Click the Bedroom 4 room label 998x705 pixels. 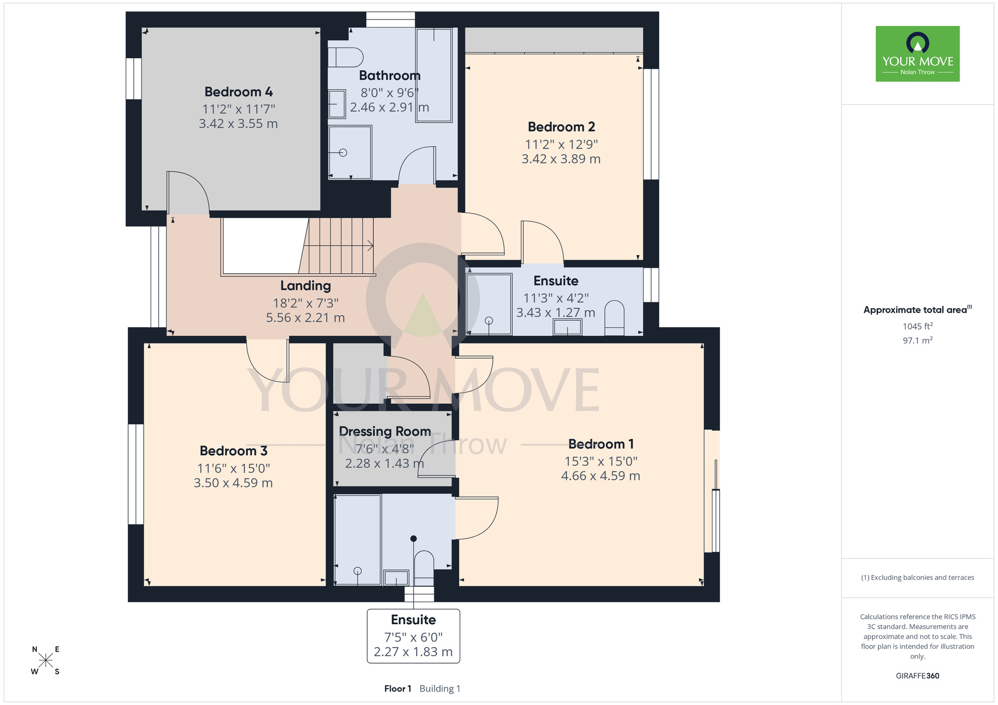(x=239, y=92)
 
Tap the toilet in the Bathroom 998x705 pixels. (x=345, y=57)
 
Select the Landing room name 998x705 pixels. (x=305, y=286)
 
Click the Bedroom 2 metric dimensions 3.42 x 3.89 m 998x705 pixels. (x=561, y=159)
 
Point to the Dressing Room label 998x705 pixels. (x=385, y=431)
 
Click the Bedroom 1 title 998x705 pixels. (x=601, y=444)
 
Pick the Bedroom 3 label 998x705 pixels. (x=234, y=451)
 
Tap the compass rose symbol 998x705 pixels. (x=45, y=661)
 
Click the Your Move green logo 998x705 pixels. (x=918, y=54)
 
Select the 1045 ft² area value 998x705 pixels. (x=918, y=326)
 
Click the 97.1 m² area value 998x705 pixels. (x=918, y=340)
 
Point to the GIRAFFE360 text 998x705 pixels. (x=918, y=676)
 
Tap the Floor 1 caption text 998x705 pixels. (x=398, y=689)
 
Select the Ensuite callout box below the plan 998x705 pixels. (x=414, y=636)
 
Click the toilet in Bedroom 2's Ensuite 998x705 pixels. (x=614, y=318)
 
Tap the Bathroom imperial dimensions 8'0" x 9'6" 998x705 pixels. (x=390, y=93)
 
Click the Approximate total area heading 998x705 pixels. (x=918, y=310)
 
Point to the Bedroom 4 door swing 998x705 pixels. (x=188, y=192)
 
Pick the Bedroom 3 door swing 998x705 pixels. (x=268, y=361)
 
